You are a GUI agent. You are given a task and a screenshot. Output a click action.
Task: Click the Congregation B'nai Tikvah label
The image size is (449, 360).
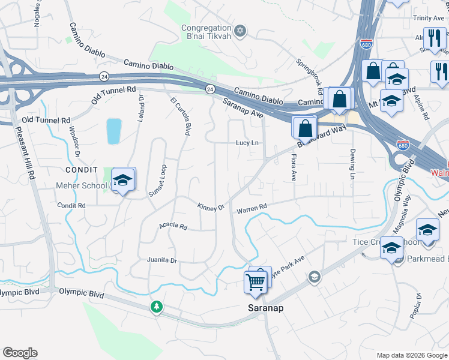coord(206,32)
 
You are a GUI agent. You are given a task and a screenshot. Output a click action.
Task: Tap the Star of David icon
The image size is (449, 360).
coord(240,30)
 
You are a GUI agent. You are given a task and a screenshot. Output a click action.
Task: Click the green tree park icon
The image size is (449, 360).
coord(157,307)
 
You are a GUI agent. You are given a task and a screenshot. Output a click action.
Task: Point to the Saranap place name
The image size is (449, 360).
coord(266,307)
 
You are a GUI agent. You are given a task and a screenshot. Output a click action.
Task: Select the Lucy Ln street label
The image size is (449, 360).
coord(247,143)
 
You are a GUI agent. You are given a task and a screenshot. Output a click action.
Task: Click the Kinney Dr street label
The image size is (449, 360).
coord(211,206)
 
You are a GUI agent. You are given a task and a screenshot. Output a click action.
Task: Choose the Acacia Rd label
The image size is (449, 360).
coord(173,227)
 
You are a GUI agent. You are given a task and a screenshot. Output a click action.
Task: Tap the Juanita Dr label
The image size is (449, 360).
coord(162,260)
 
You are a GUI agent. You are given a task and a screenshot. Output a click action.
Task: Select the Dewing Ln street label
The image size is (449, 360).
coord(353,163)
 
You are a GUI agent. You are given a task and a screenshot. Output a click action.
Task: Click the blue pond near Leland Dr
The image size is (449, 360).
coord(113,131)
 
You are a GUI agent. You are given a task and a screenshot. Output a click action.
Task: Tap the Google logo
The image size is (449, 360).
coord(20,353)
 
